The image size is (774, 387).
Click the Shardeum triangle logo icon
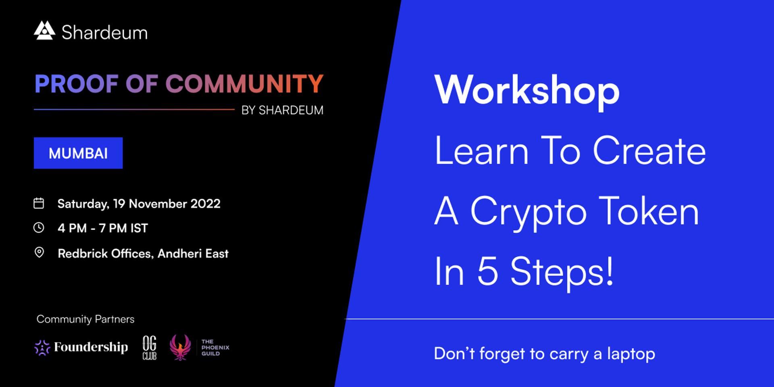coord(44,31)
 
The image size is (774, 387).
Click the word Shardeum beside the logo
coord(104,33)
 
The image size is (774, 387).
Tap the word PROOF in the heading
coord(76,84)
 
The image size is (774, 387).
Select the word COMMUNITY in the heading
coord(244,84)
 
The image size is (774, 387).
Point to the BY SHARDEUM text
coord(282,110)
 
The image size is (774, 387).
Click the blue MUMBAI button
coord(78,153)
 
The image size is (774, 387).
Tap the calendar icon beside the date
coord(39,203)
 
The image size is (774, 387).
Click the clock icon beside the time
coord(39,228)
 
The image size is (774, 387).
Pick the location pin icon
coord(39,253)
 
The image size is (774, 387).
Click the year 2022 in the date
coord(205,204)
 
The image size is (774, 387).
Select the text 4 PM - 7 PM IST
coord(103,228)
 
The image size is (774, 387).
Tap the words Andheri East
coord(193,254)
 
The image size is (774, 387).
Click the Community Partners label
coord(85,319)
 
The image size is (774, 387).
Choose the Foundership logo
coord(81,347)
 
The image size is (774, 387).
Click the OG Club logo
coord(150,347)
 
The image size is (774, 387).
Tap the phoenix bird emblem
coord(180,347)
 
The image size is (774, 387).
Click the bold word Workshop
coord(527,91)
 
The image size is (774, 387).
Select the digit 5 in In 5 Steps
coord(488,271)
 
